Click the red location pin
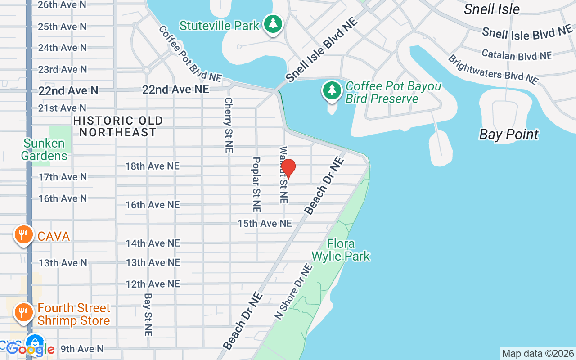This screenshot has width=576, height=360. (x=288, y=168)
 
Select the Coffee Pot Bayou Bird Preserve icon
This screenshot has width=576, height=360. (x=332, y=90)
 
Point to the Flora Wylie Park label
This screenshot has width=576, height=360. (x=341, y=250)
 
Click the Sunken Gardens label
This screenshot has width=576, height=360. (x=44, y=150)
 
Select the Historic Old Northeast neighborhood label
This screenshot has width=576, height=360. (x=118, y=126)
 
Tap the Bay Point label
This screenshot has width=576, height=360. (x=509, y=135)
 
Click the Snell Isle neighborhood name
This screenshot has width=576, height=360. (x=492, y=9)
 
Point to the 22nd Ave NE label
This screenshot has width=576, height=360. (x=175, y=90)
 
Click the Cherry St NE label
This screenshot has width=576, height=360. (x=229, y=125)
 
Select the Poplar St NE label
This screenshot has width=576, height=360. (x=256, y=184)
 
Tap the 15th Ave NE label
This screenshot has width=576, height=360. (x=265, y=223)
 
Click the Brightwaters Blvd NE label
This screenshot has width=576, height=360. (x=493, y=70)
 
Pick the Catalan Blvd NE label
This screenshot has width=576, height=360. (x=517, y=55)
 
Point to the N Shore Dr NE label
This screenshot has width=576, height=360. (x=294, y=291)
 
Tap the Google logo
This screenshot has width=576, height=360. (x=31, y=349)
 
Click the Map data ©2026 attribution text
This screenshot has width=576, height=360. (x=538, y=354)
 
